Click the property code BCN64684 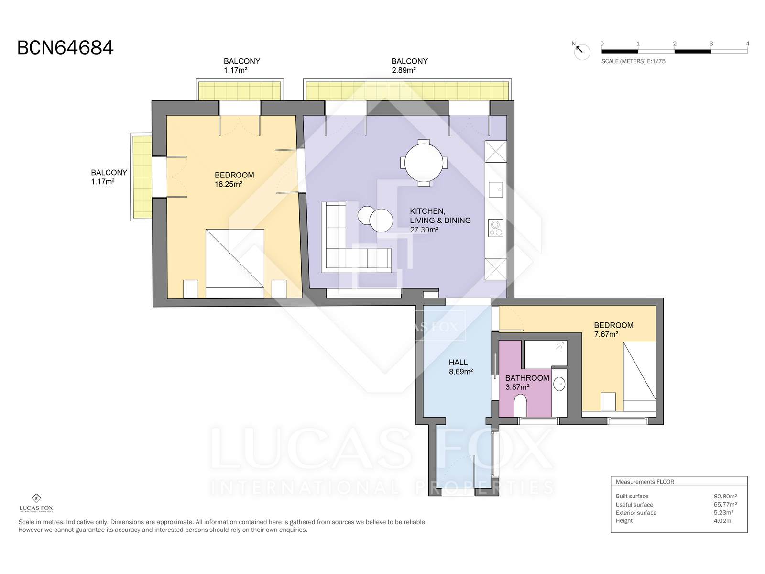[65, 48]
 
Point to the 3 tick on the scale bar [711, 44]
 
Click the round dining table [424, 163]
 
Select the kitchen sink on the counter [496, 190]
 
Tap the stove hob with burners [496, 228]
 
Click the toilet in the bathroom [520, 406]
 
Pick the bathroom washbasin [559, 384]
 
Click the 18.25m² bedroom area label [228, 184]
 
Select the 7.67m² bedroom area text [606, 334]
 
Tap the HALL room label [458, 363]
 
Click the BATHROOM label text [527, 378]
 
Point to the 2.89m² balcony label [404, 70]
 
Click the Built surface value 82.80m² [725, 497]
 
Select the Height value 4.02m [722, 521]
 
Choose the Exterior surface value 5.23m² [723, 513]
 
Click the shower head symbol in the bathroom [560, 346]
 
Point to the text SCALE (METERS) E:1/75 [633, 61]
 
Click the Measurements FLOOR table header [645, 482]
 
